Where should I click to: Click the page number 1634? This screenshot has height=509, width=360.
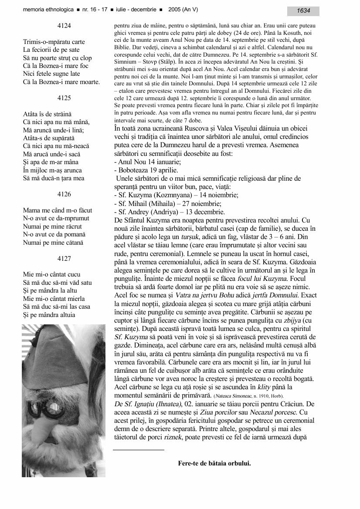point(304,10)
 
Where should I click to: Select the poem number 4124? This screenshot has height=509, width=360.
point(64,26)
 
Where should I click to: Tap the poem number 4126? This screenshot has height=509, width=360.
point(64,194)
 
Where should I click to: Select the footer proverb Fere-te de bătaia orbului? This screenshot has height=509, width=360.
point(214,463)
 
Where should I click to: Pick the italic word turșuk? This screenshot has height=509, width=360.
point(192,237)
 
